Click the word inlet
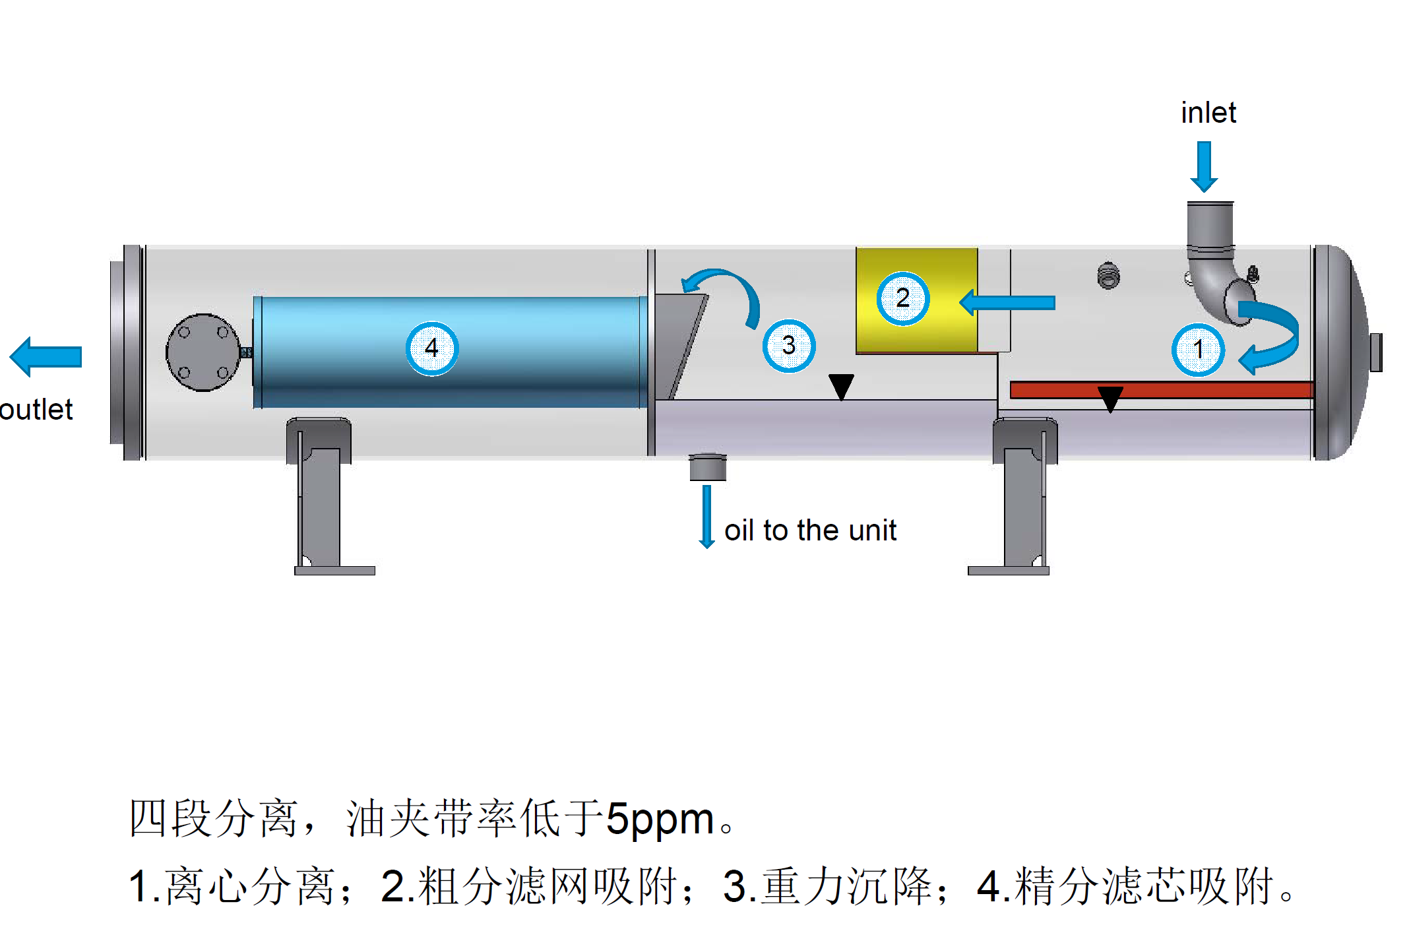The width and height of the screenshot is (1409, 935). coord(1208,113)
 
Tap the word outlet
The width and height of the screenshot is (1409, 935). coord(36,410)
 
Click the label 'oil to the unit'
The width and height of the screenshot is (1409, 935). coord(810,531)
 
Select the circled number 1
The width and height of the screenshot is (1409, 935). coord(1198,350)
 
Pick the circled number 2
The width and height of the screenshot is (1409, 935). coord(902,298)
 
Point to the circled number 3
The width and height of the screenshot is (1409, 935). coord(788,346)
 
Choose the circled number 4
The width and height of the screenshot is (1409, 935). coord(431,348)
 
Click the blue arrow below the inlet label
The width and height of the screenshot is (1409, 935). coord(1204,166)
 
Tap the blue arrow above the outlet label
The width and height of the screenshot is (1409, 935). coord(46,357)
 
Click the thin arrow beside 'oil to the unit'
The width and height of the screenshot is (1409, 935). coord(706,517)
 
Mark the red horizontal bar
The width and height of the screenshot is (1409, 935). coord(1161,390)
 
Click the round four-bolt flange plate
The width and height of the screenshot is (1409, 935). coord(203,352)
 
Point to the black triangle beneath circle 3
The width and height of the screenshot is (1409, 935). coord(841,386)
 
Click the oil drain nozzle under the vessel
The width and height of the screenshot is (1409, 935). coord(708,467)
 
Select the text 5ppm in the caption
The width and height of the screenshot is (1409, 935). coord(660,819)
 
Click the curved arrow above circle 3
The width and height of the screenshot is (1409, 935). coord(726,290)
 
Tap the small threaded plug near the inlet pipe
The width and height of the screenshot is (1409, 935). coord(1109,276)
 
